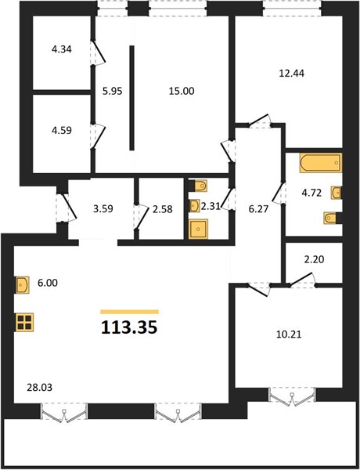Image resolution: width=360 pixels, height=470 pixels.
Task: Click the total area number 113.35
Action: click(129, 327)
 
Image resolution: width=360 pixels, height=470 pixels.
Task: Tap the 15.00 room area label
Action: click(182, 91)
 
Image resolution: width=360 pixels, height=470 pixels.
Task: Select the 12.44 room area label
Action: click(291, 73)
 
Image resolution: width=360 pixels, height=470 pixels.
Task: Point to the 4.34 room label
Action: click(62, 49)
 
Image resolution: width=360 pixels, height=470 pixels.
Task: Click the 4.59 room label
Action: click(62, 130)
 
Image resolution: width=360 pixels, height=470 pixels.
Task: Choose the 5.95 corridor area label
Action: click(113, 91)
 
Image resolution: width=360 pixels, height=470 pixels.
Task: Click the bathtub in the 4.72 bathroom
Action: click(320, 163)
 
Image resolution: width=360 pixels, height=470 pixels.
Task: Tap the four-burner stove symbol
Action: click(25, 323)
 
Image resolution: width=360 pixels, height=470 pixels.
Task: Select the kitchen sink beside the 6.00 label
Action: click(23, 285)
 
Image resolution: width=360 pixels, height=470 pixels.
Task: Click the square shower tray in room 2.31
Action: click(198, 230)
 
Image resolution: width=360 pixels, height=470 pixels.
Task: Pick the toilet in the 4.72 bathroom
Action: click(330, 218)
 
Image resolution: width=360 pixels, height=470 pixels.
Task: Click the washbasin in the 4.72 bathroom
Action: click(336, 193)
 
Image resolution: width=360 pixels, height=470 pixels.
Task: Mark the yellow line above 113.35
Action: click(129, 312)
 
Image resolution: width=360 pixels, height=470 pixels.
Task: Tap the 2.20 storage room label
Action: click(314, 259)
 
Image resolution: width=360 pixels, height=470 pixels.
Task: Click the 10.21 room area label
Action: click(289, 334)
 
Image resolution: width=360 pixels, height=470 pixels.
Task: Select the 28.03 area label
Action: click(40, 388)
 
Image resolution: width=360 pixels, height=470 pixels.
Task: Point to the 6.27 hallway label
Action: click(258, 209)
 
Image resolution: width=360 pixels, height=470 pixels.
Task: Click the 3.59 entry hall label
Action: click(103, 208)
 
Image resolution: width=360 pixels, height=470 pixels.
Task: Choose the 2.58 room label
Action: click(163, 209)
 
